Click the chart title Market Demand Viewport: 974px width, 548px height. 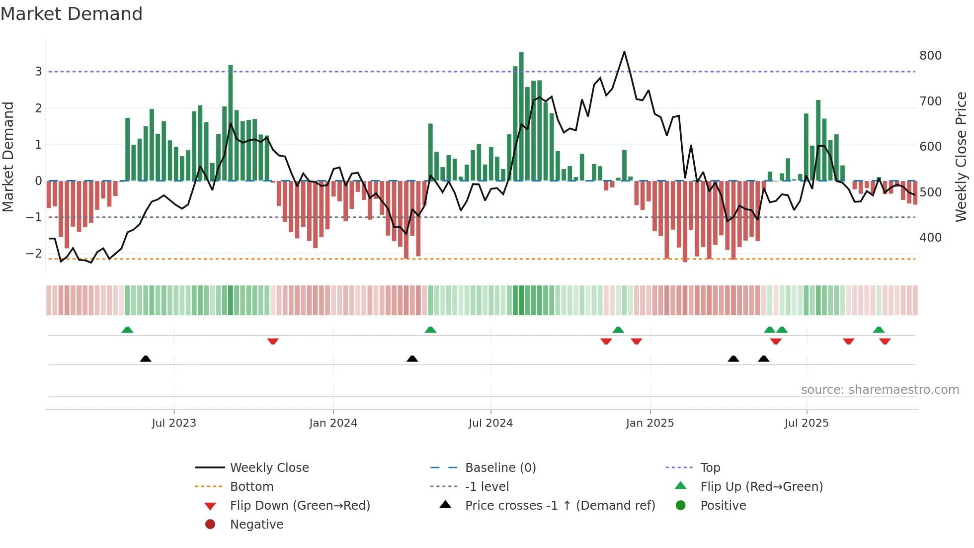coord(72,14)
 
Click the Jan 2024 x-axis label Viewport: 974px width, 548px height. coord(333,423)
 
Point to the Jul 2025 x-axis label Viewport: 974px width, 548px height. coord(807,423)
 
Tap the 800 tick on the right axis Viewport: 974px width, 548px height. coord(930,56)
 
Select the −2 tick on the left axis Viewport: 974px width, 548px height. coord(34,254)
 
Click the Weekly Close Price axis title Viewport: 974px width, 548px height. coord(961,157)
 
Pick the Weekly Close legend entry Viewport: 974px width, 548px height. coord(269,468)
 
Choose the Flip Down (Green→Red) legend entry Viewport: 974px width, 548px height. coord(300,506)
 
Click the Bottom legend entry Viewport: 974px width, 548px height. coord(251,487)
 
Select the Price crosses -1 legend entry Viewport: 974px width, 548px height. coord(560,506)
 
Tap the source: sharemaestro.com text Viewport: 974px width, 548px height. coord(880,390)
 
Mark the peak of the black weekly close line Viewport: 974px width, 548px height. coord(624,52)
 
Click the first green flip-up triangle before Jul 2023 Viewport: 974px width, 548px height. coord(127,330)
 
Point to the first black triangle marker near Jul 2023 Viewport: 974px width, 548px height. coord(146,359)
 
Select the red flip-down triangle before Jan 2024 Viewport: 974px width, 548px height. coord(273,341)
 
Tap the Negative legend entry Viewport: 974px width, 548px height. coord(256,525)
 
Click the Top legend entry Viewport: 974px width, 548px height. coord(710,468)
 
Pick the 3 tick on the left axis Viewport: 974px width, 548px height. coord(38,72)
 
